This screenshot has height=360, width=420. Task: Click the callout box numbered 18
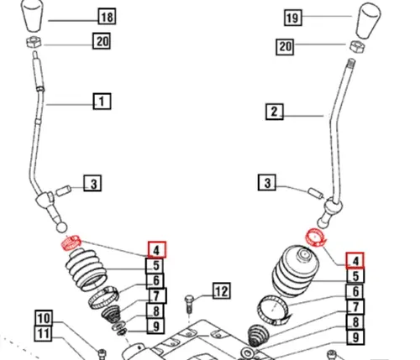[x=107, y=17]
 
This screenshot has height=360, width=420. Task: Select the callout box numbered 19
[x=293, y=18]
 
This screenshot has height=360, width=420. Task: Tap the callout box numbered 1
[x=102, y=102]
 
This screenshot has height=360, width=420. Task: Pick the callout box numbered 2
[x=275, y=112]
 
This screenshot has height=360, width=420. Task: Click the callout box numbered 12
[x=222, y=291]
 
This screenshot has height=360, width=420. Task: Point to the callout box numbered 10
[x=44, y=318]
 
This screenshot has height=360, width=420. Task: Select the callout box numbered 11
[x=43, y=333]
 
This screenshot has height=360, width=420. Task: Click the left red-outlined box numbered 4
[x=157, y=249]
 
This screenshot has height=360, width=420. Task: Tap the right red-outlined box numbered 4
[x=355, y=260]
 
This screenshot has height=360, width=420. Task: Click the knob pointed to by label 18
[x=34, y=15]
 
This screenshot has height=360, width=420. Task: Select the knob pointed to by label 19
[x=368, y=21]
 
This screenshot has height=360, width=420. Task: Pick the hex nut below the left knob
[x=34, y=43]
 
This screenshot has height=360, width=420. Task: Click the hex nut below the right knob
[x=357, y=46]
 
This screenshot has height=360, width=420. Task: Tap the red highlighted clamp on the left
[x=71, y=243]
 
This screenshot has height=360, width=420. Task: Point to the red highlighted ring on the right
[x=316, y=237]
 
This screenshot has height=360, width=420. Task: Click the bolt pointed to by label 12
[x=189, y=305]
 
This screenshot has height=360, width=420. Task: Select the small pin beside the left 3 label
[x=64, y=190]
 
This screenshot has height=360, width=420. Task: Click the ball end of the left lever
[x=61, y=227]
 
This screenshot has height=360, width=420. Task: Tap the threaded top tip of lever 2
[x=351, y=62]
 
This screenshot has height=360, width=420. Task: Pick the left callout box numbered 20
[x=102, y=41]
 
